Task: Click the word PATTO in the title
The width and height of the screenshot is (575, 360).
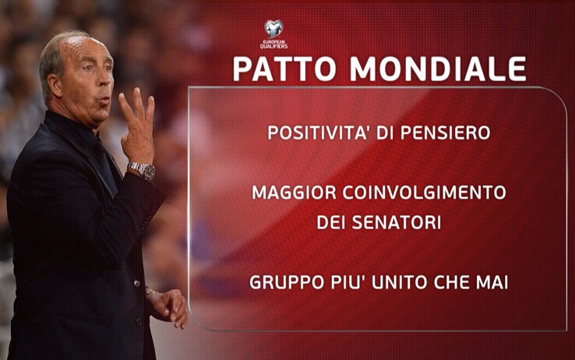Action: point(284,69)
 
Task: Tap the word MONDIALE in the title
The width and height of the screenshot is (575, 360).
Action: point(438,69)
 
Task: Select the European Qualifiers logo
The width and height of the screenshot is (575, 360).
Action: point(274,34)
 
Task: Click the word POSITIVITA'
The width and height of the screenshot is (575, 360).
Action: point(318,132)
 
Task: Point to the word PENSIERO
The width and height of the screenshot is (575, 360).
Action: point(445,132)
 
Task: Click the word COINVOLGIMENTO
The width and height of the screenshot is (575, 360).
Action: point(425,192)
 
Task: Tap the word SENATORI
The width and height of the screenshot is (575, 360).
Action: point(397,223)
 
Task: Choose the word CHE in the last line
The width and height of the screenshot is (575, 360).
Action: point(452,283)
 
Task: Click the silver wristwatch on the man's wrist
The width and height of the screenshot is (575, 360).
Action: point(142,170)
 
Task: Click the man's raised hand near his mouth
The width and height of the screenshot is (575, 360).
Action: point(137,126)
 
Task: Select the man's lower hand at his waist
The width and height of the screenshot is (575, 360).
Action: point(168,308)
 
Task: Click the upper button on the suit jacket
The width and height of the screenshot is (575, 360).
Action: point(137,284)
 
